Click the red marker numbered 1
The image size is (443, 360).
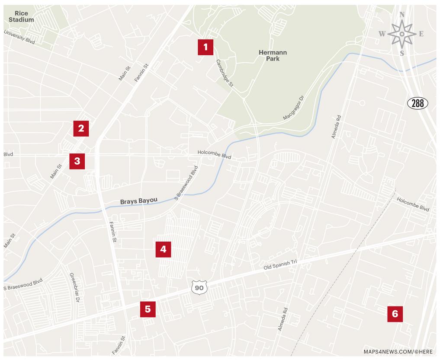click(x=205, y=47)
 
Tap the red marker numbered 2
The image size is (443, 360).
click(x=81, y=128)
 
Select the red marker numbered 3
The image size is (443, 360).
click(x=77, y=161)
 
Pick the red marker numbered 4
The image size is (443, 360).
click(x=163, y=249)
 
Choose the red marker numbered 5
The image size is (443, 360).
click(x=148, y=309)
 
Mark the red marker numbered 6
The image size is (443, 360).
click(x=395, y=314)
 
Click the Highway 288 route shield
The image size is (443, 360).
click(x=418, y=103)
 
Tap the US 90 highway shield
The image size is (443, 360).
click(x=199, y=287)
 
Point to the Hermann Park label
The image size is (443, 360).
click(x=273, y=55)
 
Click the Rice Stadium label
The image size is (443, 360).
click(x=21, y=16)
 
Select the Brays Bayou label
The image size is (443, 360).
click(x=138, y=201)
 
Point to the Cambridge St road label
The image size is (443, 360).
click(x=225, y=73)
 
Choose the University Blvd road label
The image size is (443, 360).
click(x=19, y=38)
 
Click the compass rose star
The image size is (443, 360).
click(x=402, y=34)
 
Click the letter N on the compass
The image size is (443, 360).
click(x=402, y=15)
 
